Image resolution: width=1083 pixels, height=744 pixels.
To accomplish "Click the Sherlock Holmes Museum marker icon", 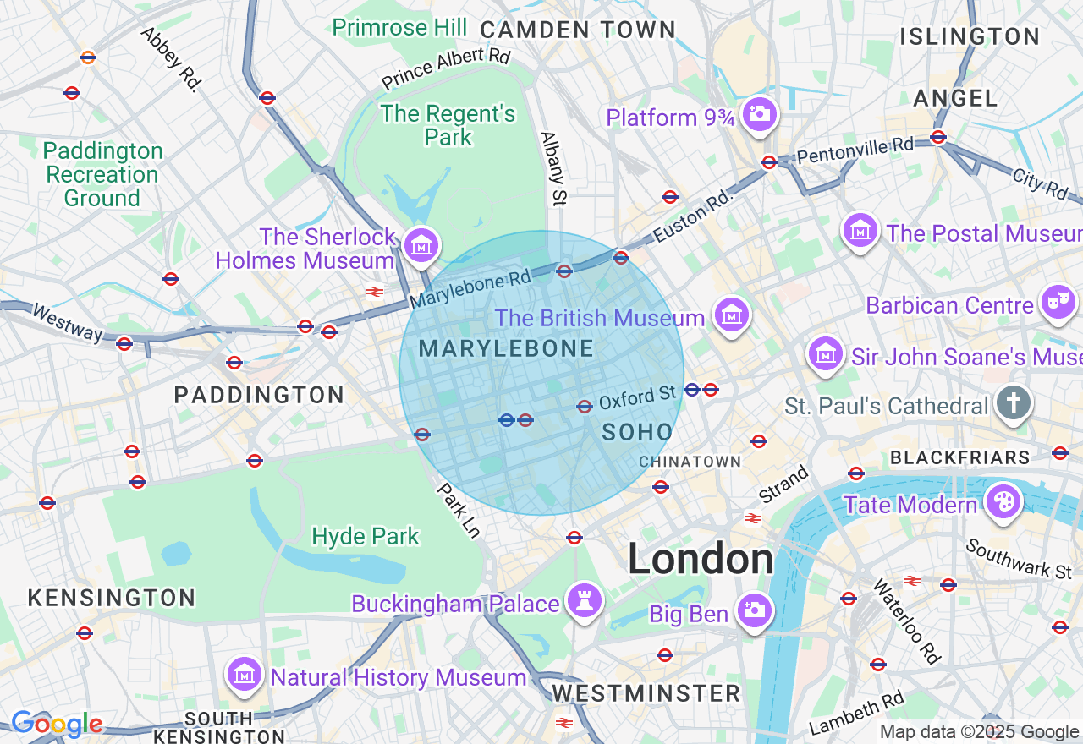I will (421, 245).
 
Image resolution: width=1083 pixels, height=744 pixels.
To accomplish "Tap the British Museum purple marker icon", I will (731, 316).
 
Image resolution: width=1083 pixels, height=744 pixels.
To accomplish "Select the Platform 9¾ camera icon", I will (759, 113).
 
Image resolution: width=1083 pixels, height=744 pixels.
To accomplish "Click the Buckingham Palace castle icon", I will (585, 600).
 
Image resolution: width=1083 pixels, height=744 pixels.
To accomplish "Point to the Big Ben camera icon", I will (753, 610).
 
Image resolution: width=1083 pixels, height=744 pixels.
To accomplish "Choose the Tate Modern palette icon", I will (1003, 502).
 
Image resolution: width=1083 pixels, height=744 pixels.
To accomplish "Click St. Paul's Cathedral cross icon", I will (1013, 404).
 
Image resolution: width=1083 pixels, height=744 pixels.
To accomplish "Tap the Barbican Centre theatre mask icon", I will (1058, 301).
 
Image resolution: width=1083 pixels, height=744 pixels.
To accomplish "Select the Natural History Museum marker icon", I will (245, 675).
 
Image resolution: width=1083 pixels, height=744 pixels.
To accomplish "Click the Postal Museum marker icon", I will (860, 230).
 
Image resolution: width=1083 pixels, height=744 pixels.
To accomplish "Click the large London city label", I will (701, 559).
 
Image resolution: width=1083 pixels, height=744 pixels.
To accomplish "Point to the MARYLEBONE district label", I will (506, 348).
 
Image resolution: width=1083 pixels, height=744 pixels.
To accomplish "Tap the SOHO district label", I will (637, 432).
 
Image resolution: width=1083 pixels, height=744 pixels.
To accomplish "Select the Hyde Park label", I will (366, 536).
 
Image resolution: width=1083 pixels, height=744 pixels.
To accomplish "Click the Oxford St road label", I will (638, 397).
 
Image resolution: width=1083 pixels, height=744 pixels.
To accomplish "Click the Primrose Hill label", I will (399, 27).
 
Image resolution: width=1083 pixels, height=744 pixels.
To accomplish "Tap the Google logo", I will (57, 724).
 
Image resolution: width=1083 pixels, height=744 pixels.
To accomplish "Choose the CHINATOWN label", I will (690, 462).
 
